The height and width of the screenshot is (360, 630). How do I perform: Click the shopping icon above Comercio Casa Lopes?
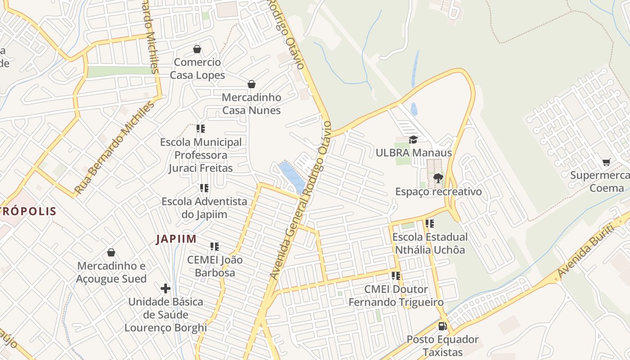pyautogui.click(x=197, y=49)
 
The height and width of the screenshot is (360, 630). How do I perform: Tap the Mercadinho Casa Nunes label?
pyautogui.click(x=251, y=104)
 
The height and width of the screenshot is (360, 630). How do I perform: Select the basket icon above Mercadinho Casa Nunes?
pyautogui.click(x=252, y=84)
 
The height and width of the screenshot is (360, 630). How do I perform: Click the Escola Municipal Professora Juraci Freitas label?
pyautogui.click(x=201, y=155)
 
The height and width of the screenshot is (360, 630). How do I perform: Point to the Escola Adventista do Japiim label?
pyautogui.click(x=204, y=208)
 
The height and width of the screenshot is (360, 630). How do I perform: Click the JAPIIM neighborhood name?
pyautogui.click(x=176, y=239)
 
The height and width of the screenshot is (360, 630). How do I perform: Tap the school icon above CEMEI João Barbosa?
pyautogui.click(x=215, y=247)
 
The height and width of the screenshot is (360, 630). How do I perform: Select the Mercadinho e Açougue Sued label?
pyautogui.click(x=111, y=272)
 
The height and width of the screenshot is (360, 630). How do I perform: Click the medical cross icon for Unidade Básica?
pyautogui.click(x=166, y=288)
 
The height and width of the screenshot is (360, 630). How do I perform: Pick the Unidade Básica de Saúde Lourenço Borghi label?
pyautogui.click(x=166, y=315)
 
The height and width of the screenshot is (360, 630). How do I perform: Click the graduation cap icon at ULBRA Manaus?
pyautogui.click(x=413, y=140)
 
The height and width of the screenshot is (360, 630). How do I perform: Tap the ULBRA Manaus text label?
pyautogui.click(x=414, y=153)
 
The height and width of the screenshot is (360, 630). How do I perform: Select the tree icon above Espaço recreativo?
pyautogui.click(x=438, y=179)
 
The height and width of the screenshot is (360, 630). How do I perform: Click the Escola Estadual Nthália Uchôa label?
pyautogui.click(x=430, y=243)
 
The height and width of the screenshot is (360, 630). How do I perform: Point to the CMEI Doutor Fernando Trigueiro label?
pyautogui.click(x=396, y=296)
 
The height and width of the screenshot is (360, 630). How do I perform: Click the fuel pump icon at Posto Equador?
pyautogui.click(x=443, y=326)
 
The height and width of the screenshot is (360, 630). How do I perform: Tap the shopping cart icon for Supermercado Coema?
pyautogui.click(x=606, y=162)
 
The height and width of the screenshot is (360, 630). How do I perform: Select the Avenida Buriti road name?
pyautogui.click(x=585, y=252)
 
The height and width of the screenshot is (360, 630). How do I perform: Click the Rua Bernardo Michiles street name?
pyautogui.click(x=114, y=148)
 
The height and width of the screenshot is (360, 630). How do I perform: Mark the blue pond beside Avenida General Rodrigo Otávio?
pyautogui.click(x=292, y=176)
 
